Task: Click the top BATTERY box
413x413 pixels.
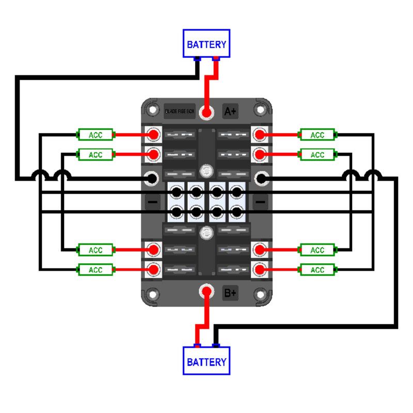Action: (206, 44)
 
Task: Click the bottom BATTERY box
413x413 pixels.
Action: (206, 361)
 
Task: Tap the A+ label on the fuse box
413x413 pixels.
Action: (230, 111)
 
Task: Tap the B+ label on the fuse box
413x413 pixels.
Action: (230, 293)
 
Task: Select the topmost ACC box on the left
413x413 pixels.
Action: (96, 135)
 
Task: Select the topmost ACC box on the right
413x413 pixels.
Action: (317, 135)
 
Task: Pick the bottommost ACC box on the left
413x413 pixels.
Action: (96, 269)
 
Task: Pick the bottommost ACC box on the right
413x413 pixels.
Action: (317, 269)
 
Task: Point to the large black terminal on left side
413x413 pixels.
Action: (152, 179)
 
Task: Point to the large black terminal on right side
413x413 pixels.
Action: (261, 179)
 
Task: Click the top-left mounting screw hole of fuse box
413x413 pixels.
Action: (152, 109)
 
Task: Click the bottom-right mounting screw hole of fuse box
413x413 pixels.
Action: (262, 295)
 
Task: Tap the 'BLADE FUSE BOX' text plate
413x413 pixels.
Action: (180, 111)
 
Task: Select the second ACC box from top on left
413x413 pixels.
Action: (96, 154)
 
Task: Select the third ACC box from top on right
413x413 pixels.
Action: (317, 250)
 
